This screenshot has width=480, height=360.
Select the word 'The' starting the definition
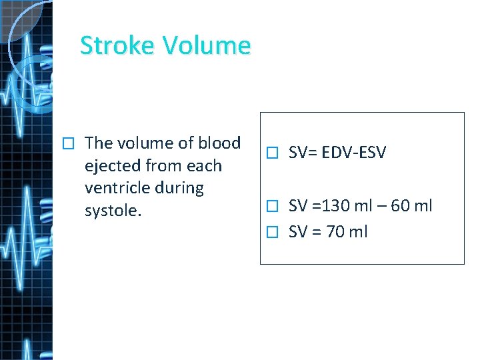point(99,143)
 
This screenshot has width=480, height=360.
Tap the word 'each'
point(205,165)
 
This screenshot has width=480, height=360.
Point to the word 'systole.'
point(113,211)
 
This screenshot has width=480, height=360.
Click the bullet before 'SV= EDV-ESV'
point(270,153)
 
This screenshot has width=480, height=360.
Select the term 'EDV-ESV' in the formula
point(354,153)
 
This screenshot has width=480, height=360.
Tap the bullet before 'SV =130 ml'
point(270,206)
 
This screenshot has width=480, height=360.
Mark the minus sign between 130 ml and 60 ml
point(381,206)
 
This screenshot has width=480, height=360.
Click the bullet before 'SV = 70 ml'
point(270,233)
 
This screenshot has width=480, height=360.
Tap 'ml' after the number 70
point(358,232)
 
